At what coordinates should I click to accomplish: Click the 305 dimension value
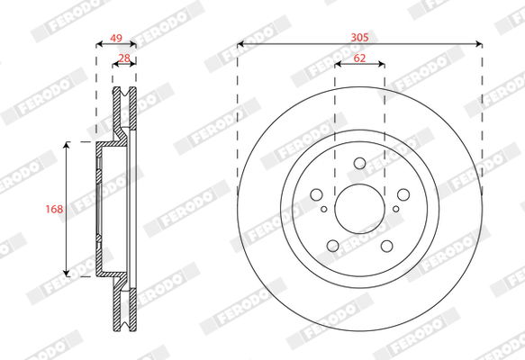coord(359,37)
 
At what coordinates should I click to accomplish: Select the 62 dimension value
coord(359,58)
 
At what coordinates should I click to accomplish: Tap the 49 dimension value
coord(116,38)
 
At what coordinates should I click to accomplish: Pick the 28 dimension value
coord(124,58)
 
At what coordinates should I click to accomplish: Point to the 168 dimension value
coord(54,209)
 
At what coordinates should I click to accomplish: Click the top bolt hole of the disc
coord(360,163)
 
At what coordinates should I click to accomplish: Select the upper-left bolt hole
coord(316,194)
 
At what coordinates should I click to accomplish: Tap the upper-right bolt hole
coord(403,194)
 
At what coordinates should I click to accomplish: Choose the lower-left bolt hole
coord(333,246)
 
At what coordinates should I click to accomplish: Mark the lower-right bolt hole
coord(386,246)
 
